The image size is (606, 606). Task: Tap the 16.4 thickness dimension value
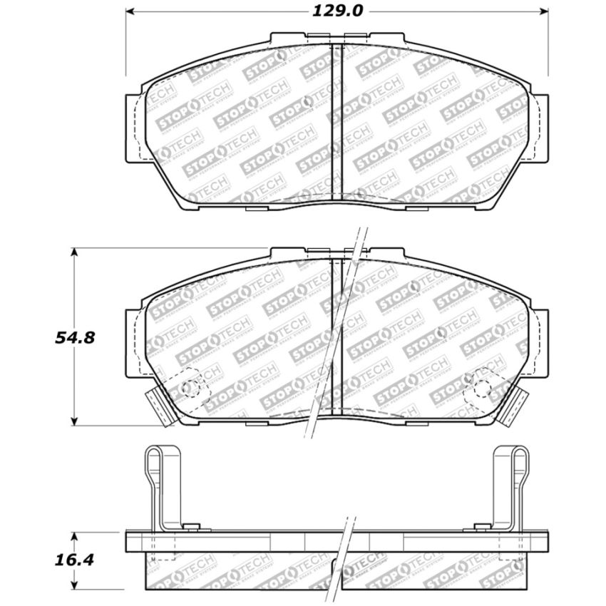74,561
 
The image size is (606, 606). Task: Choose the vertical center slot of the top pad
339,121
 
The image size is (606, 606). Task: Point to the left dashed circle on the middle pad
190,388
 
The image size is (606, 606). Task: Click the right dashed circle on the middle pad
483,388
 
